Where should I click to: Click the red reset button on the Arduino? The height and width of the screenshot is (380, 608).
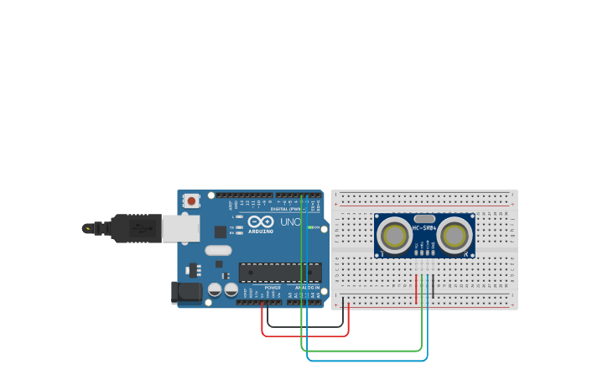pos(191,200)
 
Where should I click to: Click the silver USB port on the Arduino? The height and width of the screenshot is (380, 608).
pos(180,228)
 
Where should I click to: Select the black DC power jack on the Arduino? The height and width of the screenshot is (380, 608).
pos(186,292)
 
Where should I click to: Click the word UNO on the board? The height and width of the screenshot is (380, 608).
pos(289,222)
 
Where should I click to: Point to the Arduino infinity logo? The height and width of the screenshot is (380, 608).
pos(260,221)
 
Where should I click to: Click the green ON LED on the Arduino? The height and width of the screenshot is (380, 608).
pos(310,227)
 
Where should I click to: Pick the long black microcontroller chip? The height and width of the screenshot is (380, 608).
pos(279,273)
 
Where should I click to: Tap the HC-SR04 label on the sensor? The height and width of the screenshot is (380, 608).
pos(424,228)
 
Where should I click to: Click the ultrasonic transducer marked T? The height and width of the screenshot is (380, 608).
pos(393,235)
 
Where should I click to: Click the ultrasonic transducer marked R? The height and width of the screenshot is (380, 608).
pos(455,235)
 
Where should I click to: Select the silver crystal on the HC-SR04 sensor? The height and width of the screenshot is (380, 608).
pos(424,218)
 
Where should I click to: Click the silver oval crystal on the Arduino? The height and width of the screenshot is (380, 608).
pos(218,250)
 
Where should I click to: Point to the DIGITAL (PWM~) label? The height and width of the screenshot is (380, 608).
pos(286,208)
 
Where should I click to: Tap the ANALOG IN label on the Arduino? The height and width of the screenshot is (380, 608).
pos(307,288)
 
